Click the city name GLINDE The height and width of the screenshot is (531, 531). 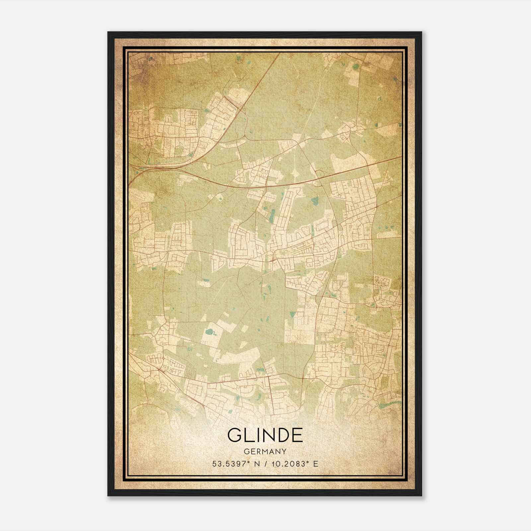265,435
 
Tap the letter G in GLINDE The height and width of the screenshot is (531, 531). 235,435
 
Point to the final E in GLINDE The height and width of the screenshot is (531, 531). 297,435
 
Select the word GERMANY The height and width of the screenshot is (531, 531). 265,451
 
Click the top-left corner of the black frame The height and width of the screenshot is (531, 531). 109,33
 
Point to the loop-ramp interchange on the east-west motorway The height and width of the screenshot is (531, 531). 320,174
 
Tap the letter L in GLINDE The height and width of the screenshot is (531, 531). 249,435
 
